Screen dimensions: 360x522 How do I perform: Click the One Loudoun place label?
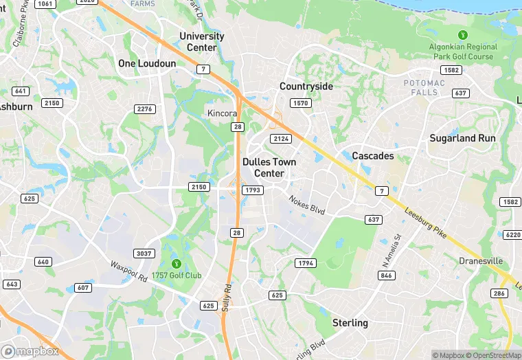tap(147, 63)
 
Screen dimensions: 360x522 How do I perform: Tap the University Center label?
tap(202, 42)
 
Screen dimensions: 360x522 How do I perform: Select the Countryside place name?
tap(306, 87)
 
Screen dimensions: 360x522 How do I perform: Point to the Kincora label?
tap(223, 113)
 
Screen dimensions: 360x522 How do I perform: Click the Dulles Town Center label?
tap(269, 168)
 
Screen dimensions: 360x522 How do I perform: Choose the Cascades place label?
tap(373, 156)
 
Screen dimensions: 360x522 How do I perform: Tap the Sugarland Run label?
tap(462, 138)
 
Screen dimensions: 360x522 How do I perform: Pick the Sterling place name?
tap(350, 323)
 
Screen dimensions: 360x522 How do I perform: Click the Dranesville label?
tap(481, 261)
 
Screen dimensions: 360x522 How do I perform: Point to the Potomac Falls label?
tap(424, 88)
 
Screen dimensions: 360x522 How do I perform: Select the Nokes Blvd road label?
tap(306, 204)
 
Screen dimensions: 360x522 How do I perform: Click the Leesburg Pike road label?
tap(427, 224)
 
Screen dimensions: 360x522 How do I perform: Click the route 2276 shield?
tap(145, 109)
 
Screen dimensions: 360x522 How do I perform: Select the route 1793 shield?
tap(252, 190)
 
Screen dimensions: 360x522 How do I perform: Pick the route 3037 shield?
tap(145, 254)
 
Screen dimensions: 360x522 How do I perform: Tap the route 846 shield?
tap(387, 275)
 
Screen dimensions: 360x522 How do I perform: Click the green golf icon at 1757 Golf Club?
tap(177, 263)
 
